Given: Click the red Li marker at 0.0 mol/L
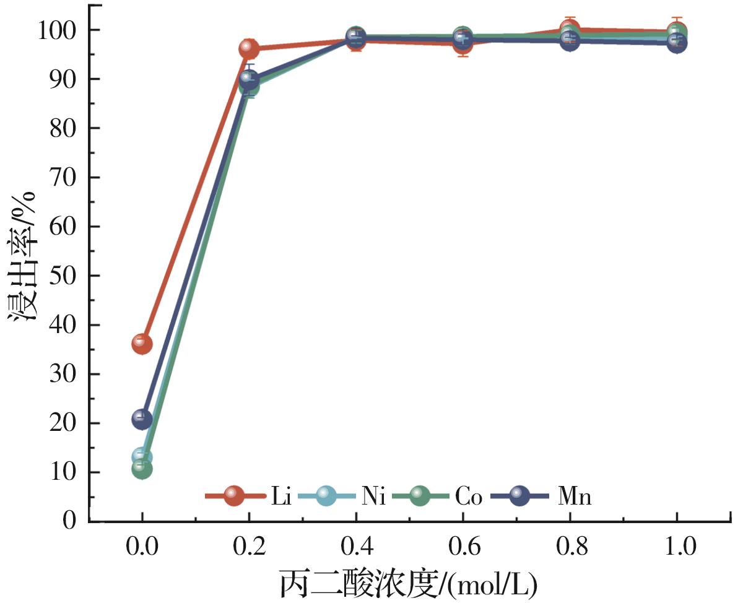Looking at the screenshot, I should coord(142,343).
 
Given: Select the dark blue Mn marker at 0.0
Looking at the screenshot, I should coord(142,419).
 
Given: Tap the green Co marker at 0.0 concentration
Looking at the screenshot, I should coord(142,469).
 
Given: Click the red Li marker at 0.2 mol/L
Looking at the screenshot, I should coord(249,48).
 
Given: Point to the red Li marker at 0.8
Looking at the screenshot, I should coord(570,28).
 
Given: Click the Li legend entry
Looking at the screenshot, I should coord(280,497).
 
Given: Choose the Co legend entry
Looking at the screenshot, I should coord(469,497).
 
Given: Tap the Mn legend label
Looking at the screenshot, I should coord(574,497).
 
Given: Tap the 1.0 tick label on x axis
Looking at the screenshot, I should coord(676,547).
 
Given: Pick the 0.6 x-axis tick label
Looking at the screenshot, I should coord(463,547).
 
